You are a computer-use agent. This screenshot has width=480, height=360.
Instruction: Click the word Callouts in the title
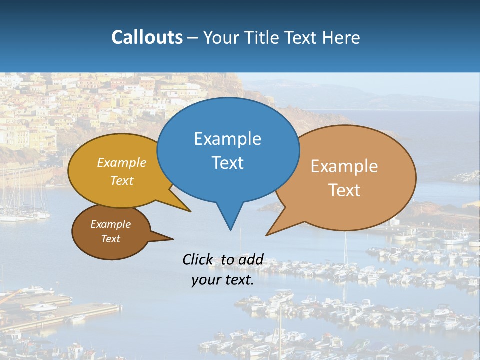(x=147, y=37)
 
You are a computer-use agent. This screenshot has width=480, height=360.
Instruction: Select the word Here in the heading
(x=342, y=37)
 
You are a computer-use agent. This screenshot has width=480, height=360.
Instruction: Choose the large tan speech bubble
(x=350, y=177)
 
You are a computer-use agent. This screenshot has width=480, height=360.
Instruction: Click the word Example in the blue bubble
(x=227, y=139)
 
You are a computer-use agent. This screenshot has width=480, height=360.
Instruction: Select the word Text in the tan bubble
(x=344, y=190)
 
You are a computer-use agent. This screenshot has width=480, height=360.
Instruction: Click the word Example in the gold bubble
(x=122, y=163)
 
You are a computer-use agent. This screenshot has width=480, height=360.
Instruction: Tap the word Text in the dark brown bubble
(x=111, y=239)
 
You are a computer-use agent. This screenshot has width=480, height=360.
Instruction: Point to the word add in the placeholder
(x=250, y=259)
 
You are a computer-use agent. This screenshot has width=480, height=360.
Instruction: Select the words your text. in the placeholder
(x=223, y=280)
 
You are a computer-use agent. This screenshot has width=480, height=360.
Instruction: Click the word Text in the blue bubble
(x=228, y=163)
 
